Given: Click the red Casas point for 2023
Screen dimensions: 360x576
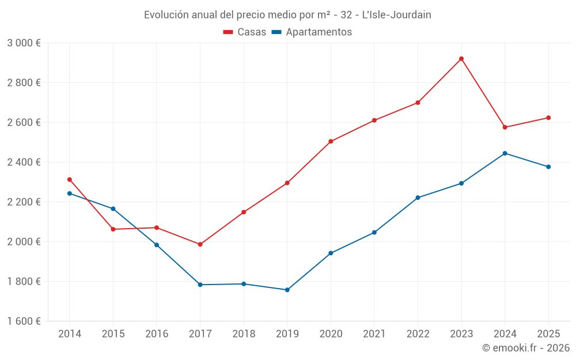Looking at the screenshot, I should (461, 59).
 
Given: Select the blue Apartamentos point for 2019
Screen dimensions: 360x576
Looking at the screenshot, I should (287, 290).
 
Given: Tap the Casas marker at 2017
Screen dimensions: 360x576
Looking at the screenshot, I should (200, 244).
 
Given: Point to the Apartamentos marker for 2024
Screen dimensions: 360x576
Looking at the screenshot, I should (505, 153).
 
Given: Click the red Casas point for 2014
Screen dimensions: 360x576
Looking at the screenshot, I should (70, 180).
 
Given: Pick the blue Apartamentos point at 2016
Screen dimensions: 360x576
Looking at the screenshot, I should (157, 245).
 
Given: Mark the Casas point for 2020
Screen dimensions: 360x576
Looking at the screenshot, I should (331, 141).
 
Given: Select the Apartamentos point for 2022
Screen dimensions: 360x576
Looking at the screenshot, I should (418, 198).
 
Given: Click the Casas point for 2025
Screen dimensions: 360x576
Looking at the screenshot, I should (548, 118).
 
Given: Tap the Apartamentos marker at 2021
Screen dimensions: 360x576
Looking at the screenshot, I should (374, 232).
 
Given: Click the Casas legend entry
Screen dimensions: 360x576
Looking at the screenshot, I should (245, 32).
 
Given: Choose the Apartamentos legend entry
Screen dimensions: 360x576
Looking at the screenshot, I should (312, 32).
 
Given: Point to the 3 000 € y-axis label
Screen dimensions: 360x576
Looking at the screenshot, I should (24, 43).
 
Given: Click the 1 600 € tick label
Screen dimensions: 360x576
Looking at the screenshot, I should (24, 321).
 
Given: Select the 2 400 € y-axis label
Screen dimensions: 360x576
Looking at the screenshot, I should (24, 162).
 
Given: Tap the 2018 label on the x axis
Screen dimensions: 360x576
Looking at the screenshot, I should (244, 334).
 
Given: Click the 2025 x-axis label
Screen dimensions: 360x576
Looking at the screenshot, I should (548, 334).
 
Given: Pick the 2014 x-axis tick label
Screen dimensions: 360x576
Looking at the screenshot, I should (70, 334).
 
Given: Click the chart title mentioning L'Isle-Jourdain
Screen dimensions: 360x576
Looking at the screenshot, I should (287, 15).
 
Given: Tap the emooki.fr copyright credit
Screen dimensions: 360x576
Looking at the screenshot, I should (525, 348).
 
